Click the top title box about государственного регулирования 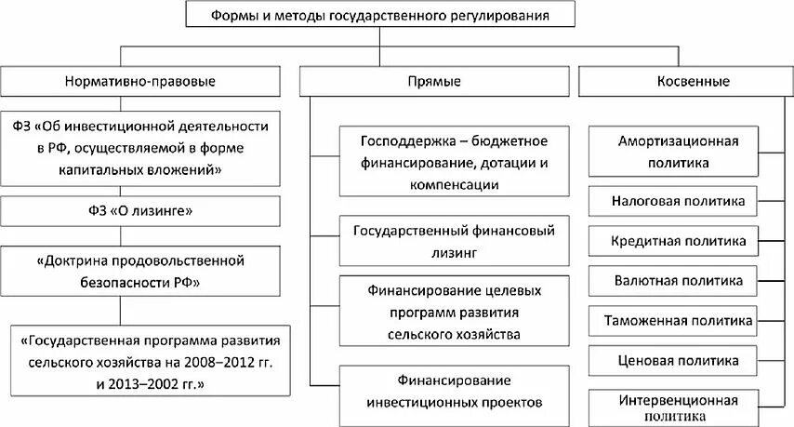click(378, 16)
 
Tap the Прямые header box click(435, 81)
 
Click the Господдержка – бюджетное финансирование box click(454, 163)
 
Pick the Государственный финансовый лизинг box click(454, 239)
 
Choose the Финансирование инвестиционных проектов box click(454, 392)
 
